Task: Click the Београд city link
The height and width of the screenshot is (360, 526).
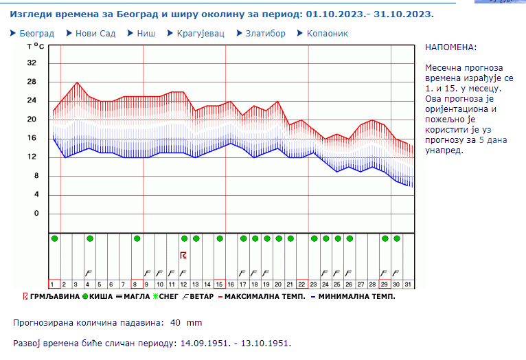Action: click(36, 33)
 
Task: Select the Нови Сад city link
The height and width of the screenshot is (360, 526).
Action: click(95, 33)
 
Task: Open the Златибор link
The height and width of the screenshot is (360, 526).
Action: click(265, 33)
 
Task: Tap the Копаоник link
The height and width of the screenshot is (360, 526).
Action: click(327, 33)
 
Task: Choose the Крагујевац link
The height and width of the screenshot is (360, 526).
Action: click(201, 33)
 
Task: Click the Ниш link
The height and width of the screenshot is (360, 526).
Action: click(146, 33)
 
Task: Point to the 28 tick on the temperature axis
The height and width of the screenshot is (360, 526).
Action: click(31, 82)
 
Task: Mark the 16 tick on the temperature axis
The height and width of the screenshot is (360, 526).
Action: click(31, 138)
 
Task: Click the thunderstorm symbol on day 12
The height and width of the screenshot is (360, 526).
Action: click(183, 256)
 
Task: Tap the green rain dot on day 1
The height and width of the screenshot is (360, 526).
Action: click(54, 238)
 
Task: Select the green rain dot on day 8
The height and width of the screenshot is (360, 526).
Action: click(137, 238)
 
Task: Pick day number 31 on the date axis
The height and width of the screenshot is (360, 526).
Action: click(408, 284)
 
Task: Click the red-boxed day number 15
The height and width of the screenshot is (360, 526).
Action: click(219, 284)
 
